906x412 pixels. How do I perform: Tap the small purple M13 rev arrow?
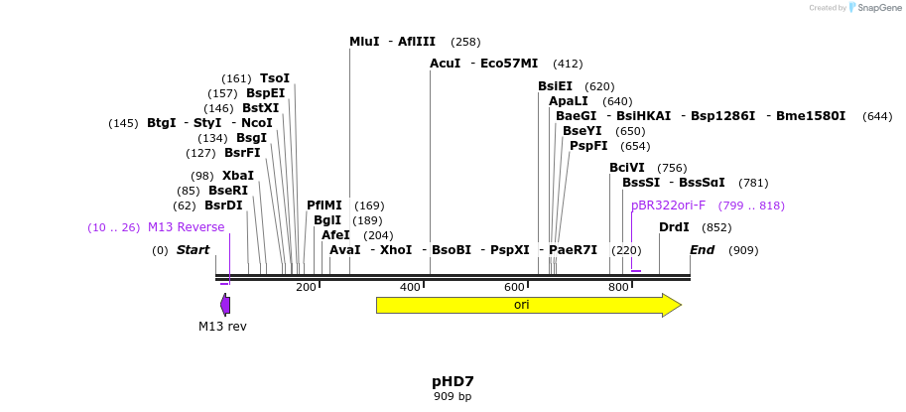225,304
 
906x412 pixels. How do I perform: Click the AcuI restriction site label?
445,64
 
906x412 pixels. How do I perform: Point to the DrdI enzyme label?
674,227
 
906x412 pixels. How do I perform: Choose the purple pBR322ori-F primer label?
668,206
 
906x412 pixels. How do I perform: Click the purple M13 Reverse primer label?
186,227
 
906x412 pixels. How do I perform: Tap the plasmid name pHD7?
453,381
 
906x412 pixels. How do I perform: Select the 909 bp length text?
453,397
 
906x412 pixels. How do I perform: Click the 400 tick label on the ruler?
410,287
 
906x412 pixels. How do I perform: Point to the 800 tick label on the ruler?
618,287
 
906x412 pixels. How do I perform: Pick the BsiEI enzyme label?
555,86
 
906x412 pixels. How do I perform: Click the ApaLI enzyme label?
569,101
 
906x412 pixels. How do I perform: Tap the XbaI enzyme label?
237,176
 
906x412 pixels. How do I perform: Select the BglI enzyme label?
326,220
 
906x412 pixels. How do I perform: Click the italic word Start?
193,250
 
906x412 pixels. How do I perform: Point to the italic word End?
702,250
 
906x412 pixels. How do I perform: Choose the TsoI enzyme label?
274,78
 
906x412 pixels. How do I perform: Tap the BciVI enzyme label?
626,168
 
